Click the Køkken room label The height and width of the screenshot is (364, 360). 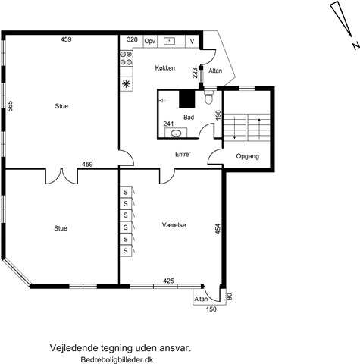point(165,68)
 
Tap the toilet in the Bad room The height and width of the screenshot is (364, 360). point(208,97)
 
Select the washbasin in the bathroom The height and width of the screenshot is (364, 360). point(176,133)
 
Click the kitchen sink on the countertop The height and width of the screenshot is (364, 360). point(169,41)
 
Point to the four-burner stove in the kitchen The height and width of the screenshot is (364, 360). point(126,58)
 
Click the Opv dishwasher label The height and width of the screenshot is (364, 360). point(150,41)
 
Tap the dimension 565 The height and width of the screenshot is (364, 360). point(10,106)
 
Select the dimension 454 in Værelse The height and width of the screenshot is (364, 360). point(218,229)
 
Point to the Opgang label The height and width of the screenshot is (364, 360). point(248,156)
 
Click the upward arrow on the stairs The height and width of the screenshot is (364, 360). point(259,129)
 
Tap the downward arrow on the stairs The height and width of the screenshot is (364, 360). point(234,128)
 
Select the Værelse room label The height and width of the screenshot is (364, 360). point(174,225)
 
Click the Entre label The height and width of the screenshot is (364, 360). point(183,154)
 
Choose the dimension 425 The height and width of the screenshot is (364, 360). point(168,281)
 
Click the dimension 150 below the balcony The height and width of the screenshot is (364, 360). point(211,309)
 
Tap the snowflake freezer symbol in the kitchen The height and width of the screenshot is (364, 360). point(126,83)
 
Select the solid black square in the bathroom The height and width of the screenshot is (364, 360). point(187,99)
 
